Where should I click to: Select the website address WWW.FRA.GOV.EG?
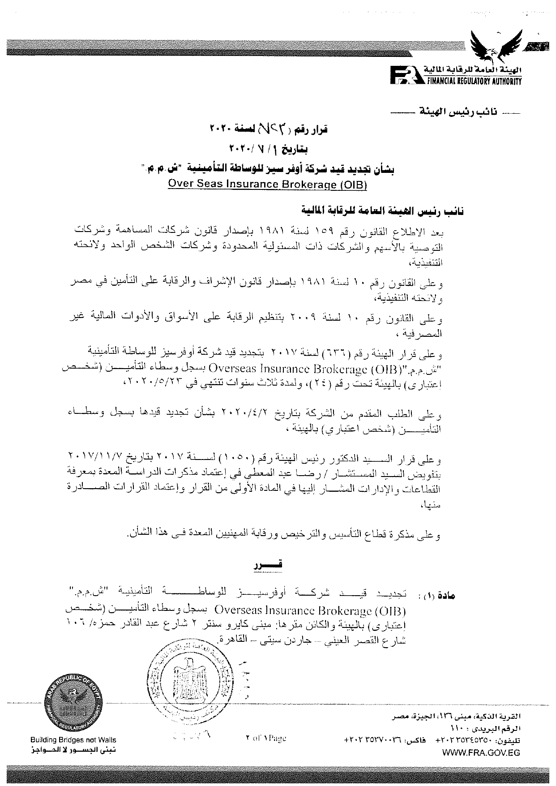[x=481, y=753]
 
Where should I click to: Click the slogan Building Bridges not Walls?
[x=73, y=740]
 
